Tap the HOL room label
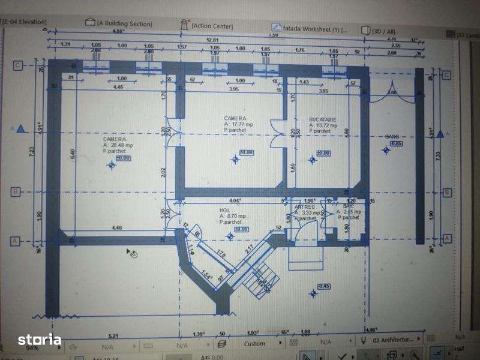[225, 211]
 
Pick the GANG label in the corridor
[392, 136]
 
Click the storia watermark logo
[40, 340]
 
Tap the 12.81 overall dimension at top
[212, 39]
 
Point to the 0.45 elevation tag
[324, 286]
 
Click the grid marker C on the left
[18, 65]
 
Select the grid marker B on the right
[446, 193]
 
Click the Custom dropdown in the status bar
[254, 344]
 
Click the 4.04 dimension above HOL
[235, 200]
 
